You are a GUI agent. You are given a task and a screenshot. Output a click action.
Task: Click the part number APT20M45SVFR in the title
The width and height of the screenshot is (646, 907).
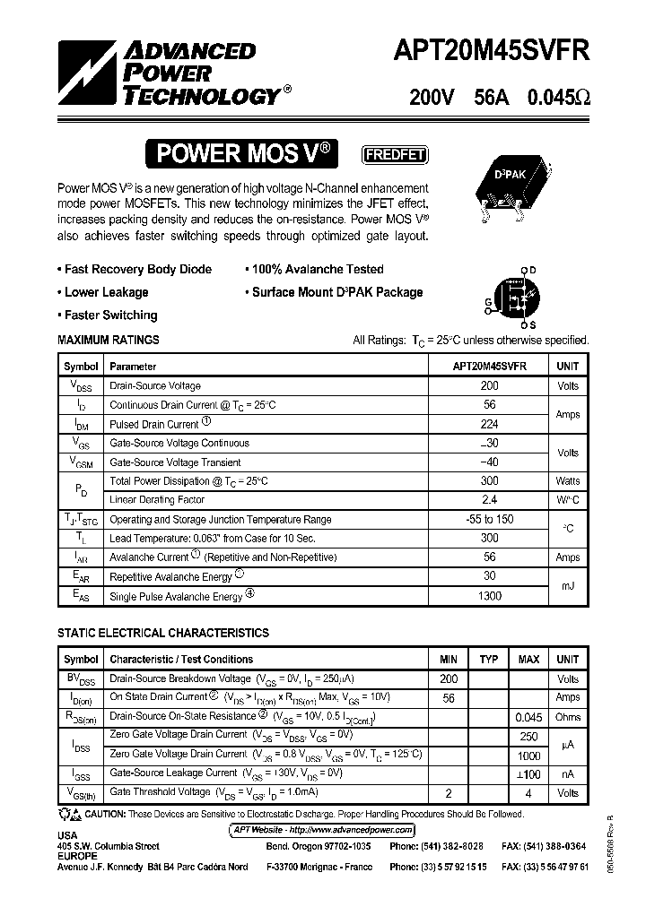click(x=489, y=51)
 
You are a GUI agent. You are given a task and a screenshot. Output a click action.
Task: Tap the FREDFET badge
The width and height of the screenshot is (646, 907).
click(x=394, y=154)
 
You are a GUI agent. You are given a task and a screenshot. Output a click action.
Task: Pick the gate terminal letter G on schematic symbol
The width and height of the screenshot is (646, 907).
click(x=488, y=302)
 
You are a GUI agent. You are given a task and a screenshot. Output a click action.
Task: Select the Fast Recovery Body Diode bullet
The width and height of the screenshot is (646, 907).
click(x=135, y=269)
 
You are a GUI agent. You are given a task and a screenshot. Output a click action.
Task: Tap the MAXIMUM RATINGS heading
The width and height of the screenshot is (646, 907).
click(x=109, y=340)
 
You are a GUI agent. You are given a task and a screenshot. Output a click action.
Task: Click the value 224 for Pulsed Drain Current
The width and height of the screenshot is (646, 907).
click(x=489, y=424)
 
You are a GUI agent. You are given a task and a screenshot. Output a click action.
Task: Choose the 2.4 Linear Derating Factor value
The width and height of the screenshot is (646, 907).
click(x=489, y=500)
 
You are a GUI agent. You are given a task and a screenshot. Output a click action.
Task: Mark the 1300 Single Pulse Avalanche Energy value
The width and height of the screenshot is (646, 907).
click(x=489, y=596)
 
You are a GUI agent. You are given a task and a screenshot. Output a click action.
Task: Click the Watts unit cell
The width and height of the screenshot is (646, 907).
click(x=567, y=481)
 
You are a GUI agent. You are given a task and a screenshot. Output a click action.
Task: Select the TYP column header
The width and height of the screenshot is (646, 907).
click(x=488, y=660)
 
